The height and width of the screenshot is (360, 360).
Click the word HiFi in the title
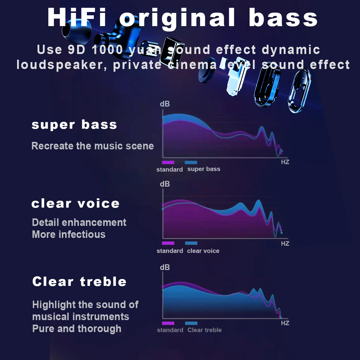(77, 18)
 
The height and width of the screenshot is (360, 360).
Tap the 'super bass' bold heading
(74, 125)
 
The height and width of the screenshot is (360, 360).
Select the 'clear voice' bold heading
(76, 203)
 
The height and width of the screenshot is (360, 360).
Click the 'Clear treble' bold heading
(79, 281)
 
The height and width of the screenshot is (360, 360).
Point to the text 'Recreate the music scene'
(93, 146)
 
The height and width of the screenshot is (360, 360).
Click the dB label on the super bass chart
(165, 104)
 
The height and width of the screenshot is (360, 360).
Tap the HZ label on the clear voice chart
(285, 243)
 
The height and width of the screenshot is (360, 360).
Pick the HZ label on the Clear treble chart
(285, 323)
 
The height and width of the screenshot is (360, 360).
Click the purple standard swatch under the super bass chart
(168, 162)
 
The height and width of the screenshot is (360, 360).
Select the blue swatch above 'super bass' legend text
(191, 162)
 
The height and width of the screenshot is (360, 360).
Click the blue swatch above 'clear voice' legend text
(191, 243)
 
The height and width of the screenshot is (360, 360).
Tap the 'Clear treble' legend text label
(205, 330)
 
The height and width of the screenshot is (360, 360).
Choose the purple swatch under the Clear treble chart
(168, 323)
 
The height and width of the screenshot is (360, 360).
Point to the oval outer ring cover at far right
(299, 91)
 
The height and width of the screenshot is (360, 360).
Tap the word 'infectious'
(82, 234)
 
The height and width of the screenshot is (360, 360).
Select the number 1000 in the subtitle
(107, 50)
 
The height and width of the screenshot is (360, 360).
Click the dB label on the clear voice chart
(165, 184)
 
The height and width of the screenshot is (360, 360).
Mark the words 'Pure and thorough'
(77, 328)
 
